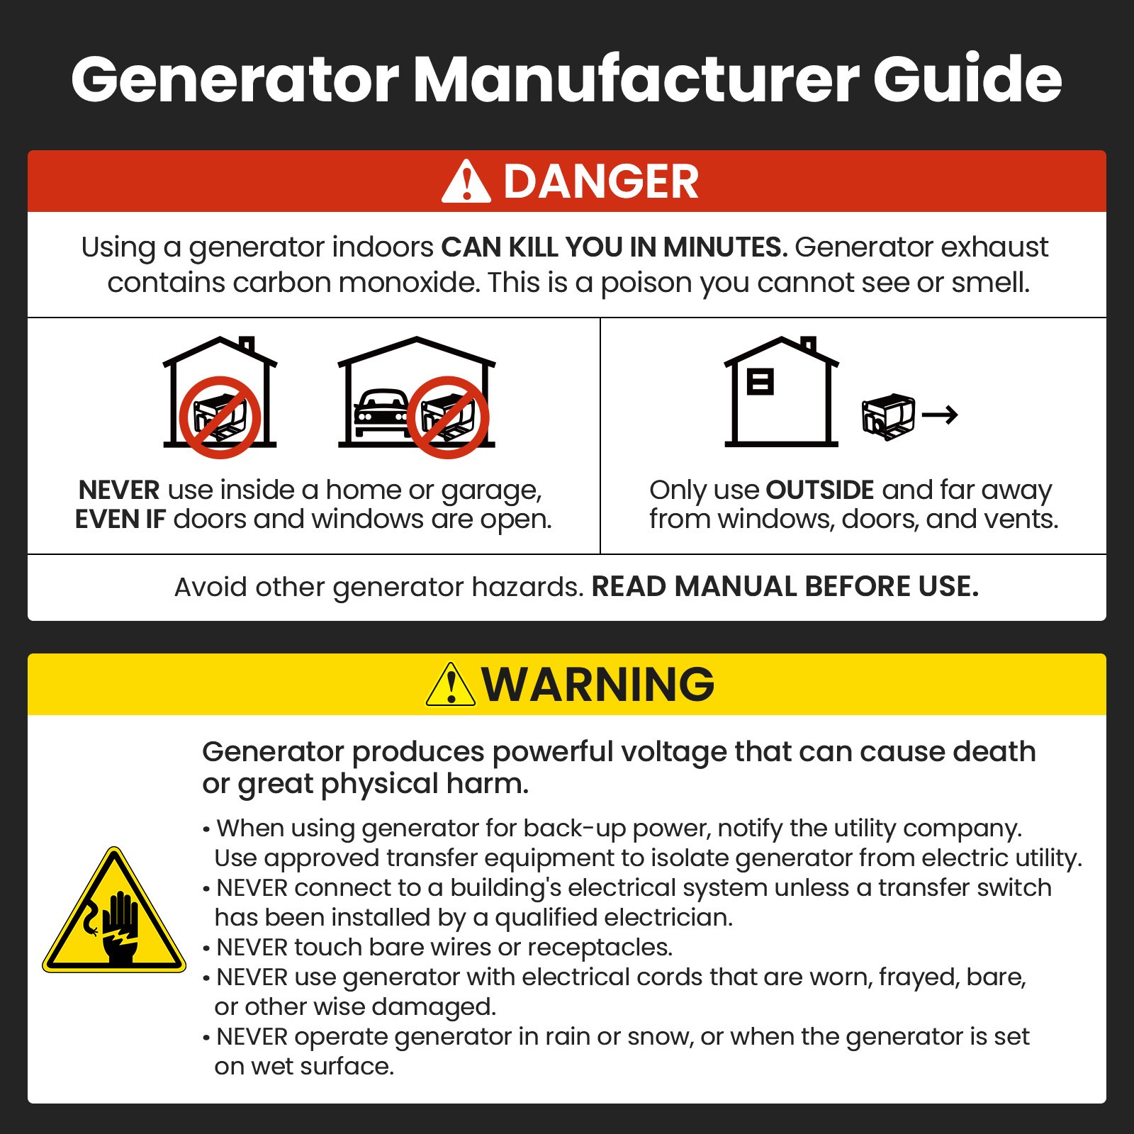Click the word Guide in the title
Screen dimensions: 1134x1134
tap(967, 79)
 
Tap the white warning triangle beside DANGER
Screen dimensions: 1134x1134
tap(466, 183)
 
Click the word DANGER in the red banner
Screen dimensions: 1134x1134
tap(601, 182)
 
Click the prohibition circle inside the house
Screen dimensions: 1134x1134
tap(220, 417)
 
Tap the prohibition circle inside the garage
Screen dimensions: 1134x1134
tap(448, 417)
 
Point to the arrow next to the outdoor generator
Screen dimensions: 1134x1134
tap(941, 415)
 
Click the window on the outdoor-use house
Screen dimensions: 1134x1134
tap(760, 381)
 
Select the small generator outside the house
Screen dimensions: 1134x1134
tap(887, 416)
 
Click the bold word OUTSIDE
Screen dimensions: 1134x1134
tap(820, 490)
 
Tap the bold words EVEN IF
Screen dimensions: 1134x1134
tap(120, 520)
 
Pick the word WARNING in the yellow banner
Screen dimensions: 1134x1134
tap(598, 685)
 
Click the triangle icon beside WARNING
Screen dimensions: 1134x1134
tap(451, 685)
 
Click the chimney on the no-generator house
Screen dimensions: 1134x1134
tap(247, 345)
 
